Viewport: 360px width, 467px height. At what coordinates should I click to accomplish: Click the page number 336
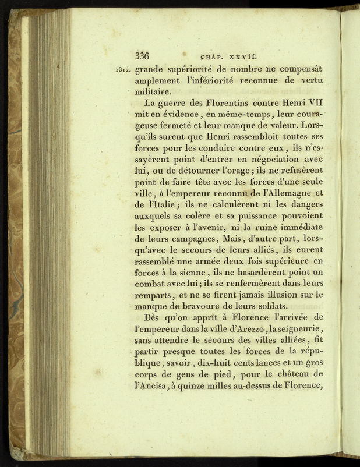[142, 56]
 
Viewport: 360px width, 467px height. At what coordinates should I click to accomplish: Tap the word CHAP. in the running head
[211, 57]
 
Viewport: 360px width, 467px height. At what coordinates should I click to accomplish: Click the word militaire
[153, 91]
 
